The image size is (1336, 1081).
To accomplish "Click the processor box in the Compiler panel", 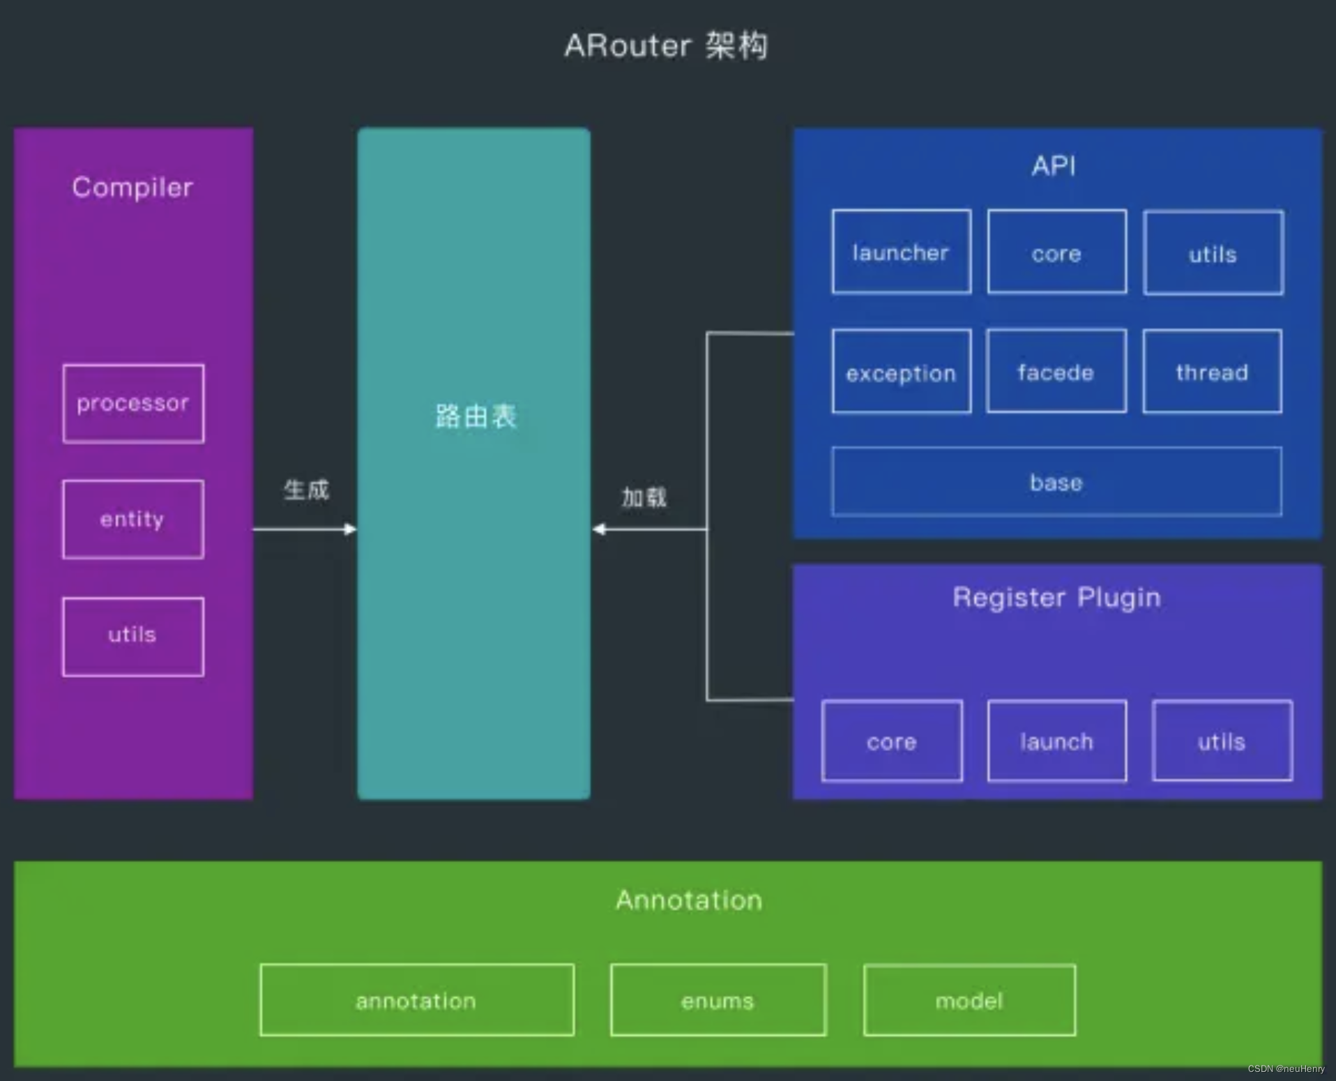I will coord(133,403).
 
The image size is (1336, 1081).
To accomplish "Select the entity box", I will coord(133,519).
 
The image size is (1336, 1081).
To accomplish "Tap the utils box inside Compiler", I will coord(133,636).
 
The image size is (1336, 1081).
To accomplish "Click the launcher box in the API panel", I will coord(901,252).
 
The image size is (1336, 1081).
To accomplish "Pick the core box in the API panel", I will coord(1056,252).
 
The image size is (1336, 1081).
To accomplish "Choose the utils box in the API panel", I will coord(1213,252).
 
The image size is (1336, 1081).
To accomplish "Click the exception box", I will coord(901,372).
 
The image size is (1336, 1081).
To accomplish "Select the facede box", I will coord(1056,372).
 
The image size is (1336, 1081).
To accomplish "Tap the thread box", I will coord(1212,372).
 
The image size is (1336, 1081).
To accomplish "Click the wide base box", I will coord(1056,482).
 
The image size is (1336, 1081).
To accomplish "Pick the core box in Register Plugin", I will coord(892,741).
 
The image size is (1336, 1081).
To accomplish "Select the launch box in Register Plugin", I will coord(1056,741).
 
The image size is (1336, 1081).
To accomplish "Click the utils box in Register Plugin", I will coord(1222,741).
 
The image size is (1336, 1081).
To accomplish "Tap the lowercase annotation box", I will coord(416,1000).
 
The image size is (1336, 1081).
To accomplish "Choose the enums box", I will coord(718,1000).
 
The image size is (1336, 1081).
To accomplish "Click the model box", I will coord(969,1000).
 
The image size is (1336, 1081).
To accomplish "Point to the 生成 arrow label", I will coord(307,490).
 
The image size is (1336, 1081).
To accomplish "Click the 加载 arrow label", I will coord(644,497).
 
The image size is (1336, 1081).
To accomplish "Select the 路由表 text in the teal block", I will coord(476,416).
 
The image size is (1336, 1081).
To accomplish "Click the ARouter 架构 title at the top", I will coord(666,46).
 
